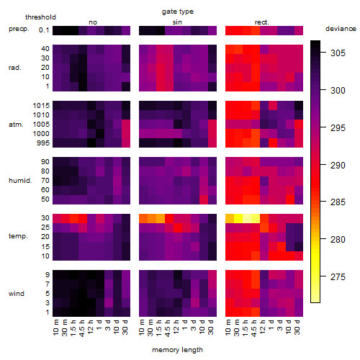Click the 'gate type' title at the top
(178, 12)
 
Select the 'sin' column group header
(177, 22)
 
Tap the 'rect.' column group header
(261, 22)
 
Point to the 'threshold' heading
(40, 17)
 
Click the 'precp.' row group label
(19, 29)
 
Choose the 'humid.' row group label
(20, 181)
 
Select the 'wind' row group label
(17, 294)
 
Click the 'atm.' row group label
(16, 125)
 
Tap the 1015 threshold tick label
(41, 106)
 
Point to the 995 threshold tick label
(43, 143)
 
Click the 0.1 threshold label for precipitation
(44, 30)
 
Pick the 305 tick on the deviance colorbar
(338, 53)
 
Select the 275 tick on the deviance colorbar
(338, 277)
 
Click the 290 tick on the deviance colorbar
(338, 166)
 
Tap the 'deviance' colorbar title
(341, 29)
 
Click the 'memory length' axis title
(178, 350)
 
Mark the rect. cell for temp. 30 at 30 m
(238, 218)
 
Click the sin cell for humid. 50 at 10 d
(204, 199)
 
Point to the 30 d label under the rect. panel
(297, 327)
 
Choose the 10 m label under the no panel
(55, 327)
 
